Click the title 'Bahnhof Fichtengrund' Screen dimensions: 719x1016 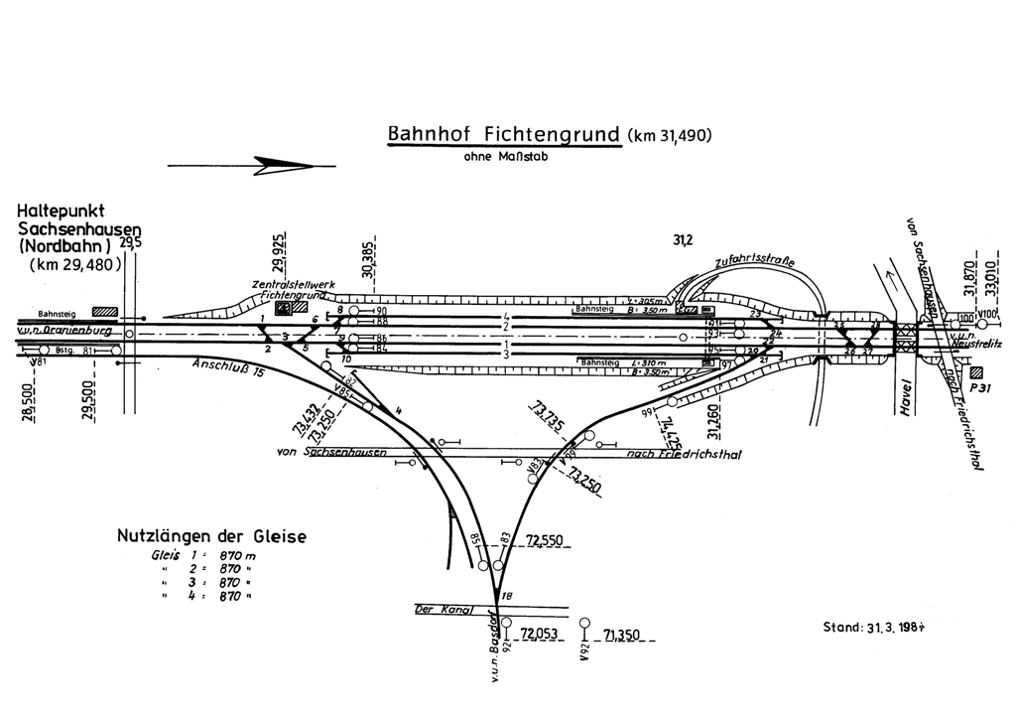point(504,134)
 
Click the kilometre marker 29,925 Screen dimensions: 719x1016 point(282,253)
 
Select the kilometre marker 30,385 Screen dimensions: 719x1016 point(368,259)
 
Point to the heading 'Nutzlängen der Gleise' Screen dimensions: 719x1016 point(211,537)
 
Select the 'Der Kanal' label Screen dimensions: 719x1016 point(441,610)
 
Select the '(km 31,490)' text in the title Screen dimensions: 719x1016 point(670,136)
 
